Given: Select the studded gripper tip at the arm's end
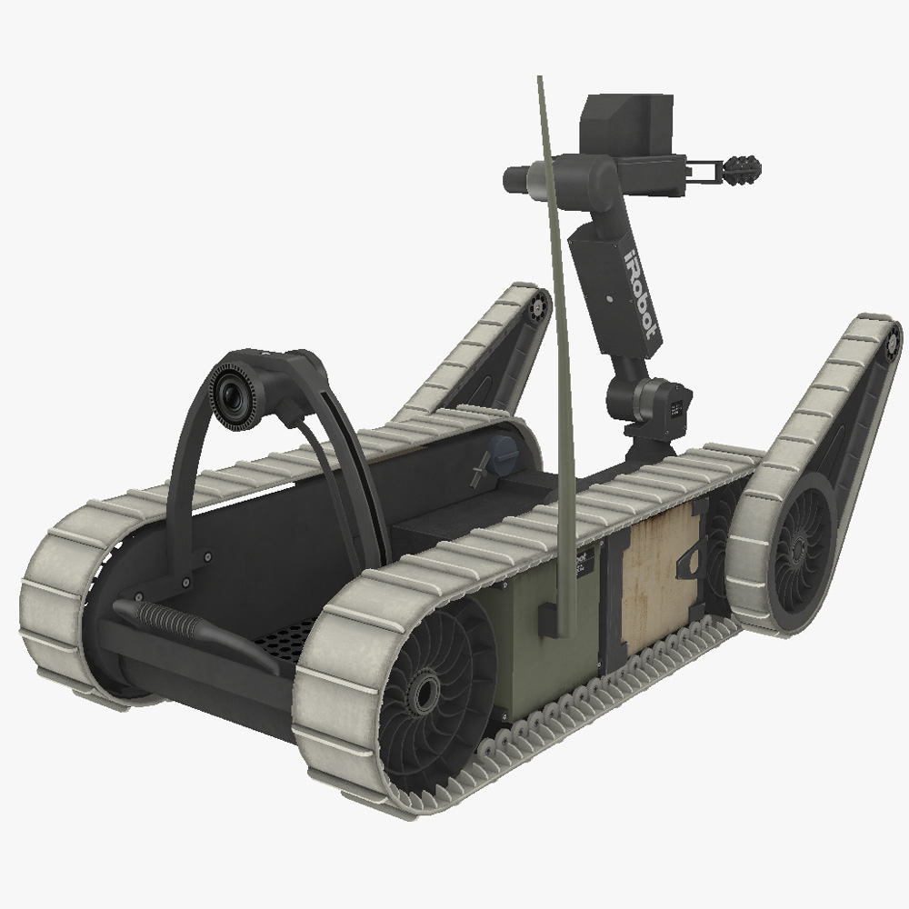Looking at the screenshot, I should click(x=744, y=168).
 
